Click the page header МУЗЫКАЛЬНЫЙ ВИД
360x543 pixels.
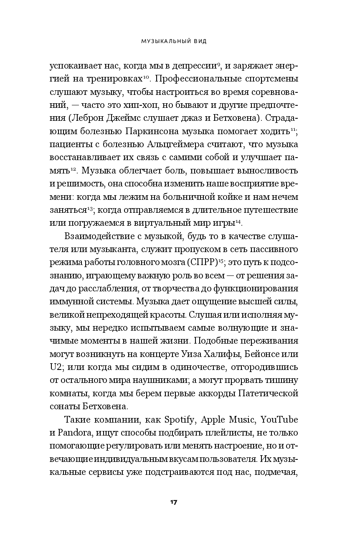[x=180, y=42]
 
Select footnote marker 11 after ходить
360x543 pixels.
[x=293, y=129]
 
